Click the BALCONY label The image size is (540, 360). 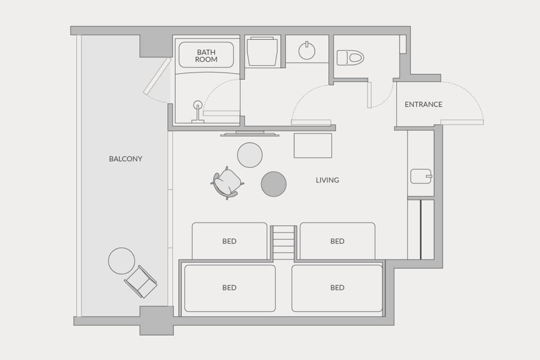(x=126, y=159)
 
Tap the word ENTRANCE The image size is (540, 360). (x=423, y=104)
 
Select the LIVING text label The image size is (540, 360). (x=327, y=180)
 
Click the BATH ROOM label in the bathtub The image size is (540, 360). (x=206, y=56)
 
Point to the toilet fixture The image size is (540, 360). (x=350, y=58)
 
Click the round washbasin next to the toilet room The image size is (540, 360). (x=307, y=51)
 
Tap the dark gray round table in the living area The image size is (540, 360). (x=274, y=184)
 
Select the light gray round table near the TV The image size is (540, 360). (x=250, y=155)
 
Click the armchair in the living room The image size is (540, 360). (x=227, y=183)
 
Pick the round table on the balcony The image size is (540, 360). (x=121, y=261)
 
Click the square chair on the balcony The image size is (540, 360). (x=140, y=282)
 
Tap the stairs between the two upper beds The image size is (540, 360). (x=283, y=243)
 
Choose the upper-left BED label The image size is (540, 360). (x=229, y=241)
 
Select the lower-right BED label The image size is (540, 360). (x=337, y=288)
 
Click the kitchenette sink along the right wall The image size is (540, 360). (x=421, y=176)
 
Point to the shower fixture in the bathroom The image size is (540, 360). (x=198, y=112)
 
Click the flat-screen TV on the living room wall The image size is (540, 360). (x=250, y=134)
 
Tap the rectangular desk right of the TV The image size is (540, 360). (x=313, y=146)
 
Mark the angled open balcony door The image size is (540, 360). (x=157, y=76)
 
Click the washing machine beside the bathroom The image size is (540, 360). (x=262, y=51)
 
